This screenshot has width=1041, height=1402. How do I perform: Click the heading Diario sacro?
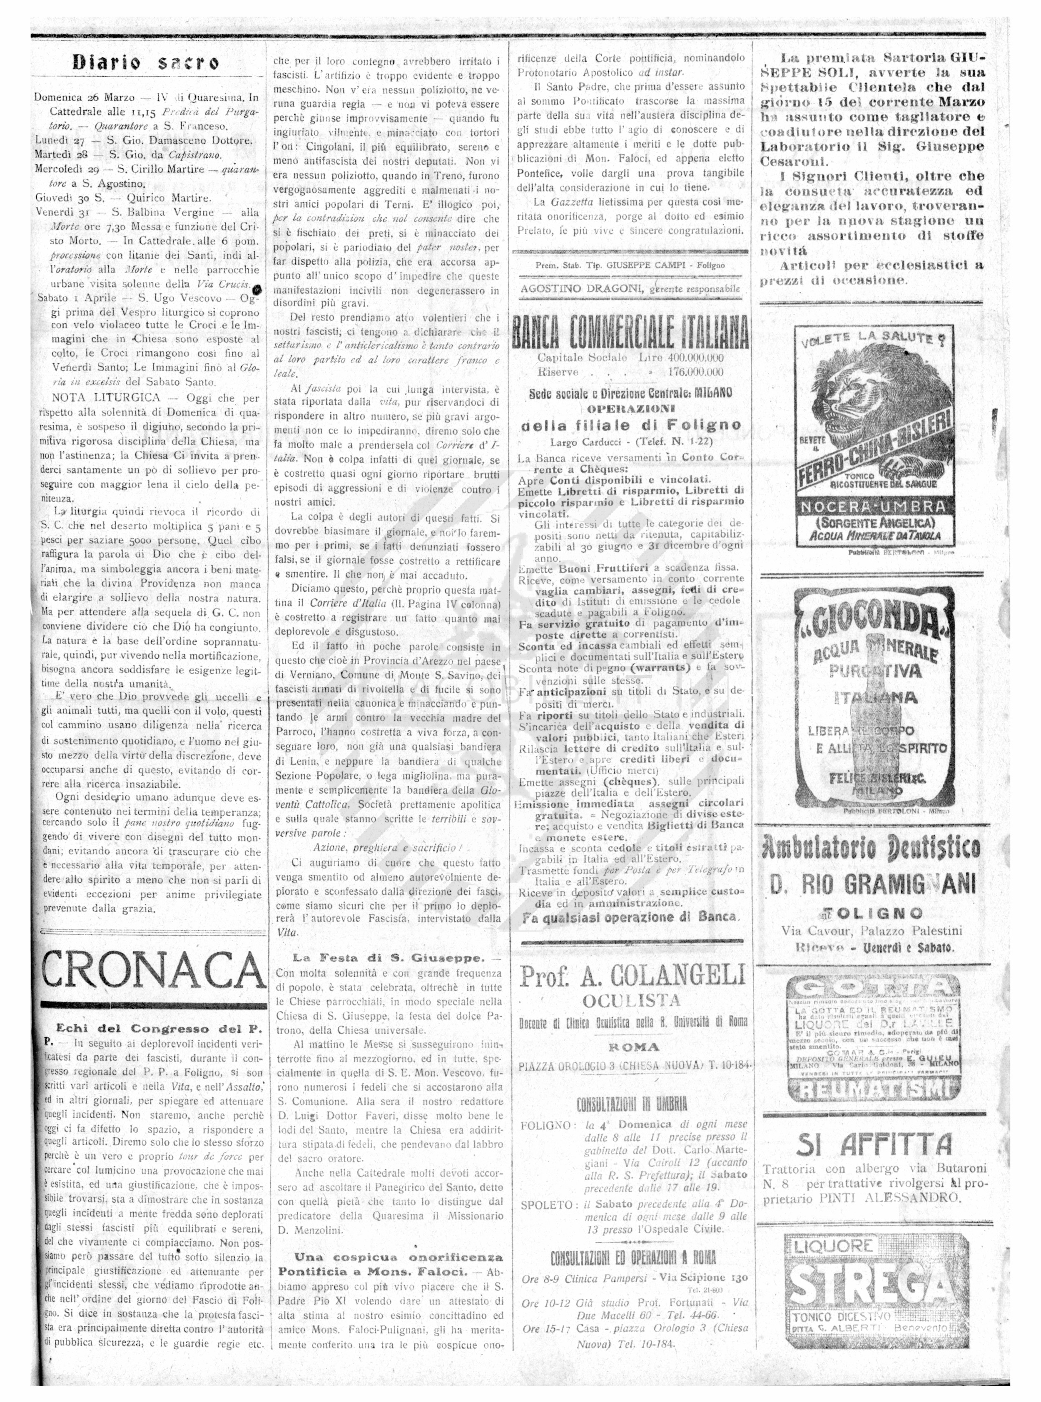pyautogui.click(x=146, y=62)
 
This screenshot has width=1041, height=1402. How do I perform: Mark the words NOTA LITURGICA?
pyautogui.click(x=106, y=397)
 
